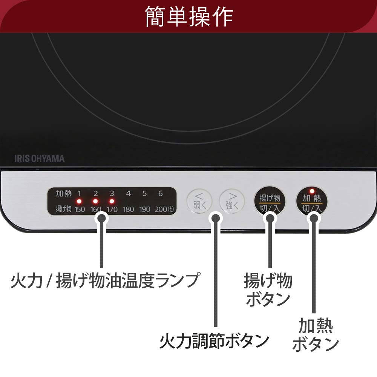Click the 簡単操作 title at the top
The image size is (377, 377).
189,16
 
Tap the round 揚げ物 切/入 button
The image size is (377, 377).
270,202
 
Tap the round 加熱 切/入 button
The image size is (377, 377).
312,202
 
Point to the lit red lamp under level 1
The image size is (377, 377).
80,201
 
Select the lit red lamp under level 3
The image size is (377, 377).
112,201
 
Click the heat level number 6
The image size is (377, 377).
161,194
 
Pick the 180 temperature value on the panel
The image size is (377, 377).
128,209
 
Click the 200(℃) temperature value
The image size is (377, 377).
164,209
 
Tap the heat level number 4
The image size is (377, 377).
128,194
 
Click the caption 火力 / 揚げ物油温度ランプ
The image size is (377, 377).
104,281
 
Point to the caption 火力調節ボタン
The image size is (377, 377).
214,342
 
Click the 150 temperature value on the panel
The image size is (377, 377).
80,209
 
